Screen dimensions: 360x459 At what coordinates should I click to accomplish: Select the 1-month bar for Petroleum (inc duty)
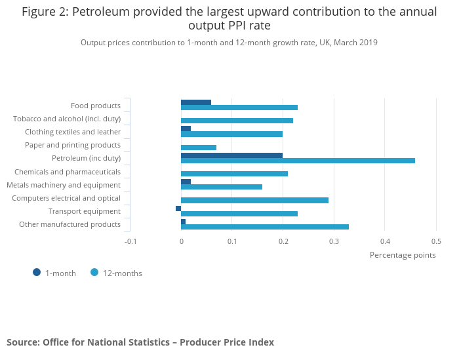coord(231,155)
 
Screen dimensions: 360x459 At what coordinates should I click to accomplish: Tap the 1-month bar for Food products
coord(196,102)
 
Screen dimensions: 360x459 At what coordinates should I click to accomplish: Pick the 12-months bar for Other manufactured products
coord(265,227)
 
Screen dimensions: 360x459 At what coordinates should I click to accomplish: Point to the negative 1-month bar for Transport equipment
coord(178,209)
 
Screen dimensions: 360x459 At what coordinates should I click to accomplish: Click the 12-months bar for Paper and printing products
coord(199,148)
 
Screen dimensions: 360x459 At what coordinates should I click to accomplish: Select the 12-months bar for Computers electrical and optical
coord(254,200)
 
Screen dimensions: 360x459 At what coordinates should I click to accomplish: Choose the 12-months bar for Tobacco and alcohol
coord(237,121)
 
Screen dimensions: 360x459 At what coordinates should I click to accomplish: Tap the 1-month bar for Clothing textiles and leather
coord(186,129)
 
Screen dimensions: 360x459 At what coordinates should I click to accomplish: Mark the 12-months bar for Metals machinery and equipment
coord(222,187)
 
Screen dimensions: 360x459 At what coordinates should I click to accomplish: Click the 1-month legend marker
coord(37,273)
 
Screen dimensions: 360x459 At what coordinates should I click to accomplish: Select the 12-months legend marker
coord(94,273)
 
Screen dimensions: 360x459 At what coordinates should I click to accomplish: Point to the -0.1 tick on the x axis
coord(131,241)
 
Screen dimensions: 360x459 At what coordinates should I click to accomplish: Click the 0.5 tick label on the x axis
coord(436,241)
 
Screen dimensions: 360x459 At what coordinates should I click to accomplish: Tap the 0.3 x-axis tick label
coord(334,241)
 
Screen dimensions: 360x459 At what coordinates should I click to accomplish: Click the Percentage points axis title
coord(403,255)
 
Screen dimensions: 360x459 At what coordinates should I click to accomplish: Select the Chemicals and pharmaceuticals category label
coord(68,172)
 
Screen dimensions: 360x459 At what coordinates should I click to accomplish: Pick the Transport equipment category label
coord(85,211)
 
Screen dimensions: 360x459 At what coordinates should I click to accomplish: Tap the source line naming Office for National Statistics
coord(140,342)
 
